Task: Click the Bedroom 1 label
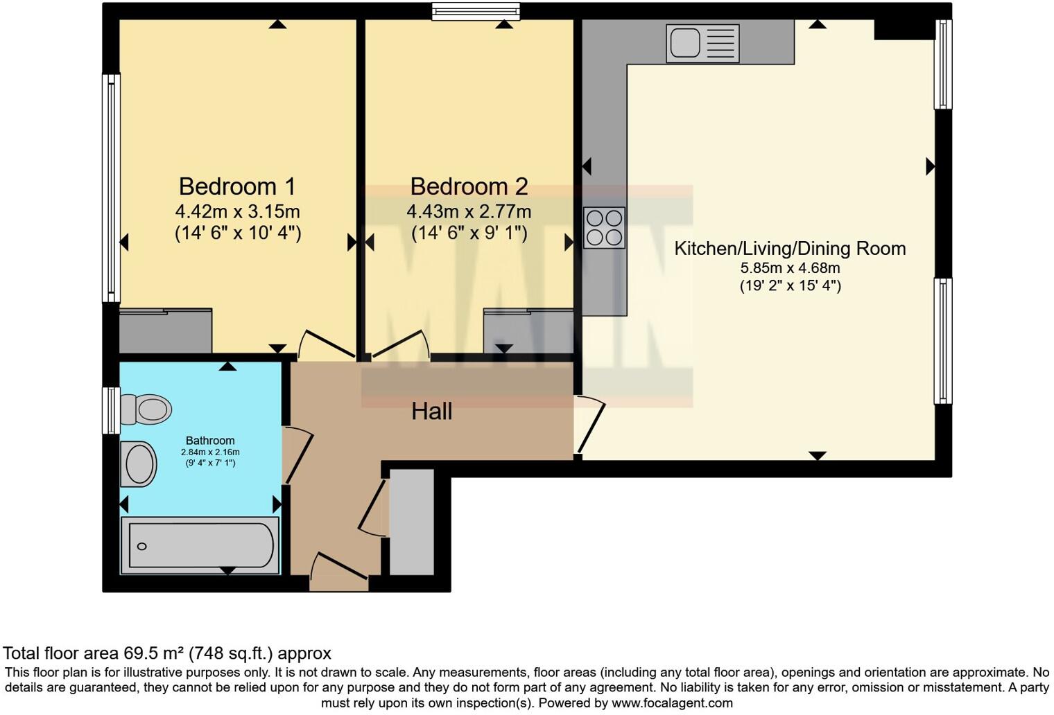point(237,186)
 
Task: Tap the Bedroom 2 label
point(469,186)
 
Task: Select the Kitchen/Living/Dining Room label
point(790,249)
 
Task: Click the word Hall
point(431,412)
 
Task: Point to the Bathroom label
point(210,441)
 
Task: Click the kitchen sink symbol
point(702,43)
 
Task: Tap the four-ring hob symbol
point(604,228)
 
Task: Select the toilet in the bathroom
point(146,409)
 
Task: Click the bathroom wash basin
point(139,464)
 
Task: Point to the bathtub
point(200,546)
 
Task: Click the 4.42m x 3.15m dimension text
point(237,211)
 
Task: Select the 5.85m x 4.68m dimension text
point(790,268)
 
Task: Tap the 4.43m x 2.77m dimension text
point(469,211)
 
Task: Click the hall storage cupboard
point(412,522)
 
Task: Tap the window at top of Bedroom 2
point(475,10)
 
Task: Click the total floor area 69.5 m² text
point(167,653)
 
